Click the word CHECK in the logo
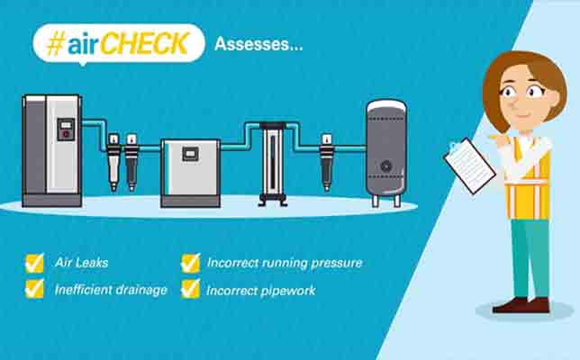(145, 43)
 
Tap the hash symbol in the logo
(56, 43)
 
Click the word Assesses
(252, 44)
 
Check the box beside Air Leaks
(35, 263)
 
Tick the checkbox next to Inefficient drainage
(35, 289)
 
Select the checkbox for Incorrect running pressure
(191, 263)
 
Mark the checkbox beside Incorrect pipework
(191, 289)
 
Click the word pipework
(288, 292)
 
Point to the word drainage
(141, 291)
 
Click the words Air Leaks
(81, 263)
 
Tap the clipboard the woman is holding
(469, 166)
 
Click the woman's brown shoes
(521, 306)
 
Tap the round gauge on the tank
(386, 166)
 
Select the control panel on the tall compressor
(66, 130)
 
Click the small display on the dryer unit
(191, 154)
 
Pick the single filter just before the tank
(327, 163)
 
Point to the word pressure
(336, 264)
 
